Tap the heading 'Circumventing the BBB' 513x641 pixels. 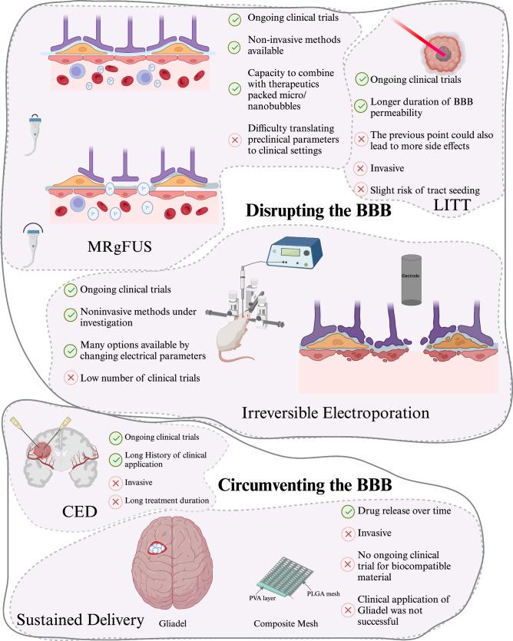click(x=306, y=486)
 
